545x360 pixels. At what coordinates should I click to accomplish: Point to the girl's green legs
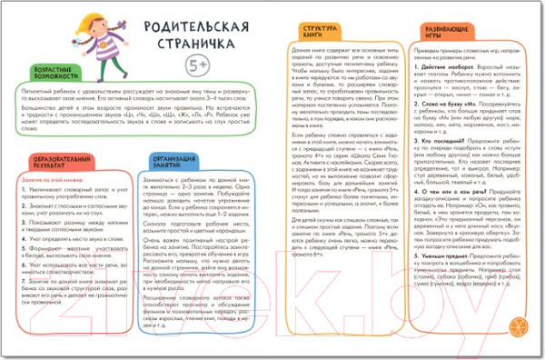[70, 62]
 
